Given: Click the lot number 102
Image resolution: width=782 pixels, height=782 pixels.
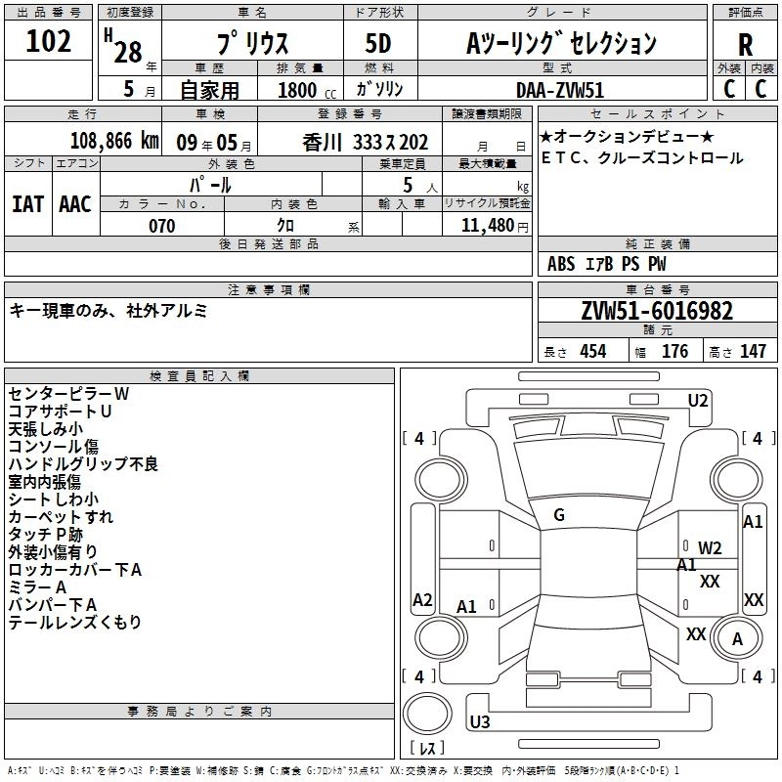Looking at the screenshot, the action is (49, 43).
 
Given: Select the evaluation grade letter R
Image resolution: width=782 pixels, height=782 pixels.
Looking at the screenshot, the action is (745, 45).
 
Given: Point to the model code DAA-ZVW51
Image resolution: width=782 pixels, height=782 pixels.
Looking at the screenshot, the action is (557, 89).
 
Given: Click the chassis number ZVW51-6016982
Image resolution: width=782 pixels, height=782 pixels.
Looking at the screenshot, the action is (656, 311).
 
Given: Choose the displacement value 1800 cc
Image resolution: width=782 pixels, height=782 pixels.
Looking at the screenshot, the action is (298, 90).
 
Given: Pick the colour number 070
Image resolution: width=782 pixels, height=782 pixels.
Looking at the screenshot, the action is (161, 226).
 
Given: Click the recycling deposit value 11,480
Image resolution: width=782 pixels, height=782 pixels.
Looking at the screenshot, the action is (488, 226).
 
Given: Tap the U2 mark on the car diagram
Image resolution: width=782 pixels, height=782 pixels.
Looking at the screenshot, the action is (698, 400).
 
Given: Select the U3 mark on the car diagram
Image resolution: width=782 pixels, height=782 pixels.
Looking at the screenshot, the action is (480, 722).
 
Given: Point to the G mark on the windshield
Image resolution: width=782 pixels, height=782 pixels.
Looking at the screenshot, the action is (559, 515).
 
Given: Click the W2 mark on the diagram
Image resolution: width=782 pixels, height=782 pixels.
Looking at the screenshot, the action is (710, 547).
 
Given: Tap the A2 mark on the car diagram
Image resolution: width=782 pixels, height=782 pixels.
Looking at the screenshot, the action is (422, 600).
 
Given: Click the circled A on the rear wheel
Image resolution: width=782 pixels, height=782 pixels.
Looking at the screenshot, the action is (738, 639).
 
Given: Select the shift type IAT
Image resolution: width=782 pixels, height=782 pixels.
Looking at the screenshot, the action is (28, 203).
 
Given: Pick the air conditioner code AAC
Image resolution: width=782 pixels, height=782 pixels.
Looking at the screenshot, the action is (75, 203).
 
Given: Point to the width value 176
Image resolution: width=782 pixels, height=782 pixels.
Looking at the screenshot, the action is (674, 352).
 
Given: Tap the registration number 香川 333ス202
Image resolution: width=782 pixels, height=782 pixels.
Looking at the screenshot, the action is (366, 142).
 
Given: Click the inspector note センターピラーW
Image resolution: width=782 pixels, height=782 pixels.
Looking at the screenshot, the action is (68, 394).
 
